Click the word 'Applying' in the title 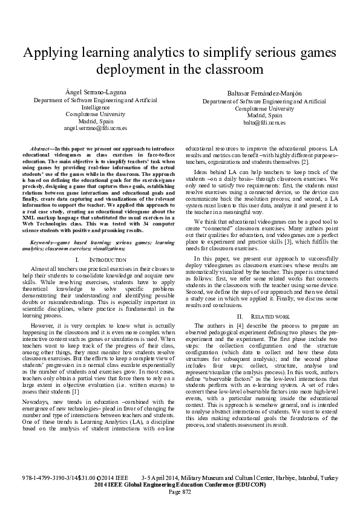48,51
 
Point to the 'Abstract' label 41,148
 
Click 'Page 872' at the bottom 180,491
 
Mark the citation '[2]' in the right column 306,162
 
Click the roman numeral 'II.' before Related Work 240,316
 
